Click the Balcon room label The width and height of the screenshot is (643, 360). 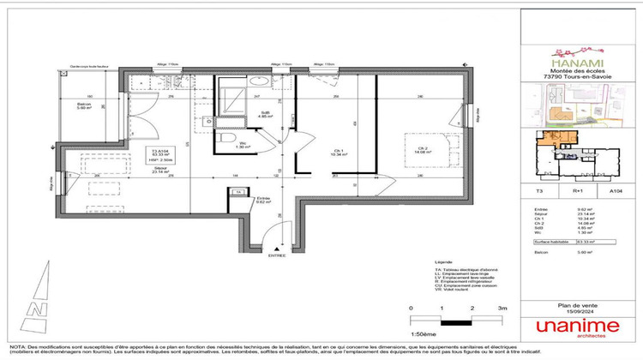click(x=83, y=106)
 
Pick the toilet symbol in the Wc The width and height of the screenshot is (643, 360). click(x=223, y=140)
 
